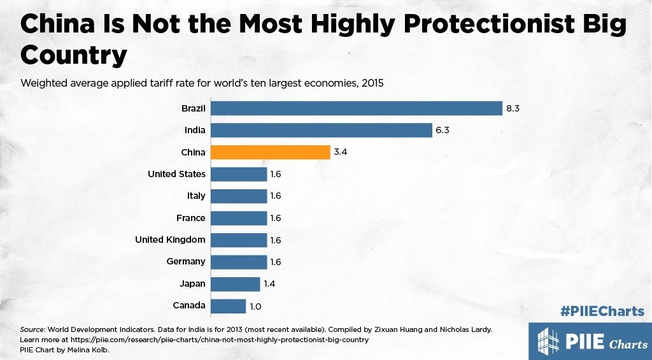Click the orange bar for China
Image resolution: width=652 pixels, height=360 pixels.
click(270, 152)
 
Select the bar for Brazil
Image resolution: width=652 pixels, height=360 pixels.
click(357, 109)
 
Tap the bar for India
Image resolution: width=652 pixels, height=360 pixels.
click(322, 131)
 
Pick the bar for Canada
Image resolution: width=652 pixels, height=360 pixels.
click(228, 306)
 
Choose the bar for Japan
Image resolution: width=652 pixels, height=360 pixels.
click(236, 284)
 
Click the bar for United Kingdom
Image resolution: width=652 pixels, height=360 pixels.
click(239, 240)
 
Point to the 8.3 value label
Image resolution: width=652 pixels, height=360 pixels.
click(513, 109)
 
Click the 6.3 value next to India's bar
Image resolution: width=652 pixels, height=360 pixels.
click(443, 131)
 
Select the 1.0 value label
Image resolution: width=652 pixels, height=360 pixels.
click(255, 306)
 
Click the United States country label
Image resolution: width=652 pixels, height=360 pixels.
click(176, 174)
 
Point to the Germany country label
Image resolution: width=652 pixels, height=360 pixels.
click(185, 261)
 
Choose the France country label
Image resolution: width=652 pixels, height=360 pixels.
click(190, 218)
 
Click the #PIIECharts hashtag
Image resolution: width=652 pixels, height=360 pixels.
click(602, 312)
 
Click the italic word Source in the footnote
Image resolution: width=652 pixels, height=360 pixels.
click(32, 329)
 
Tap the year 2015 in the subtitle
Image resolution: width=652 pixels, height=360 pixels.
click(371, 83)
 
